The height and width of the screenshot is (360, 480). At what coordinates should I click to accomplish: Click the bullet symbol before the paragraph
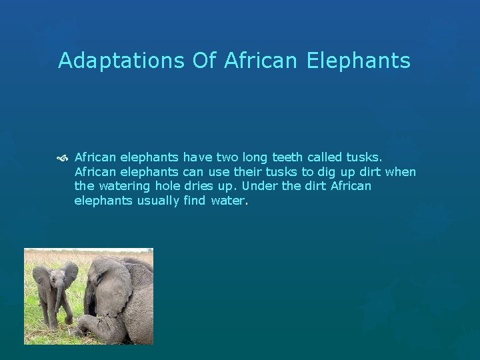[64, 158]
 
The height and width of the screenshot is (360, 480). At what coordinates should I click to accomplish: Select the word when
[401, 172]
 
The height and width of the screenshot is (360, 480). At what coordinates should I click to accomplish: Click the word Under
[260, 186]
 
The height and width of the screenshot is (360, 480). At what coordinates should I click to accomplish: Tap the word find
[193, 200]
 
